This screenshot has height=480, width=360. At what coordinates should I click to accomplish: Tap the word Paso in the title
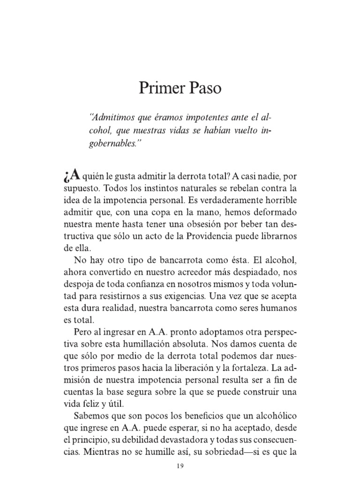(203, 89)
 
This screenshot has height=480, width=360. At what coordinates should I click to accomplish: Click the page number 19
(180, 467)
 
